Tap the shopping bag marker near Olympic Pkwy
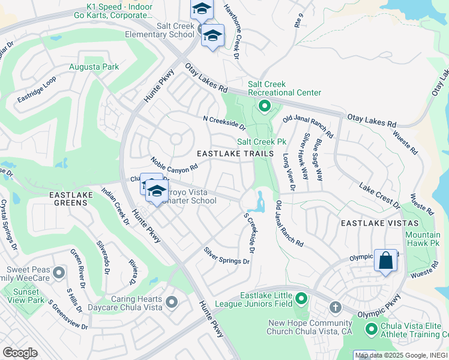point(385,260)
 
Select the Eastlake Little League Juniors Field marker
point(301,298)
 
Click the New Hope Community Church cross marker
point(336,308)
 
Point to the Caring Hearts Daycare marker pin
point(172,301)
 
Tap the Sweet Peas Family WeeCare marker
point(59,273)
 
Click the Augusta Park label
point(94,67)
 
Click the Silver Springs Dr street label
point(226,256)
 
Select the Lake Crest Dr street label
point(380,195)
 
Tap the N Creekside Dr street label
point(224,124)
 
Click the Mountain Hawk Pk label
point(422,239)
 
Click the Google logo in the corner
point(20,353)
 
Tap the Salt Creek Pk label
point(261,142)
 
